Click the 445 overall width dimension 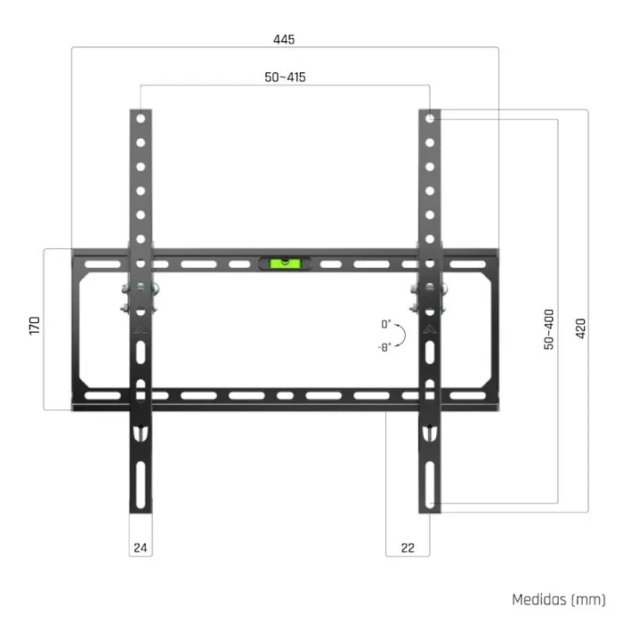tap(285, 39)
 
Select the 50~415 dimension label tap(285, 77)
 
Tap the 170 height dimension tap(35, 325)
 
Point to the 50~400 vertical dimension tap(548, 329)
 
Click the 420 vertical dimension tap(581, 329)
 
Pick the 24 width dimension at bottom tap(140, 548)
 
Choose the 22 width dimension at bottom tap(409, 548)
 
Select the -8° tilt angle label tap(384, 345)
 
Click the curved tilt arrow tap(402, 335)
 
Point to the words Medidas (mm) tap(559, 600)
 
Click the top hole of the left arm tap(141, 118)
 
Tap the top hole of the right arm tap(430, 118)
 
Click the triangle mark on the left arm tap(141, 328)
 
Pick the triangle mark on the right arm tap(430, 328)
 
